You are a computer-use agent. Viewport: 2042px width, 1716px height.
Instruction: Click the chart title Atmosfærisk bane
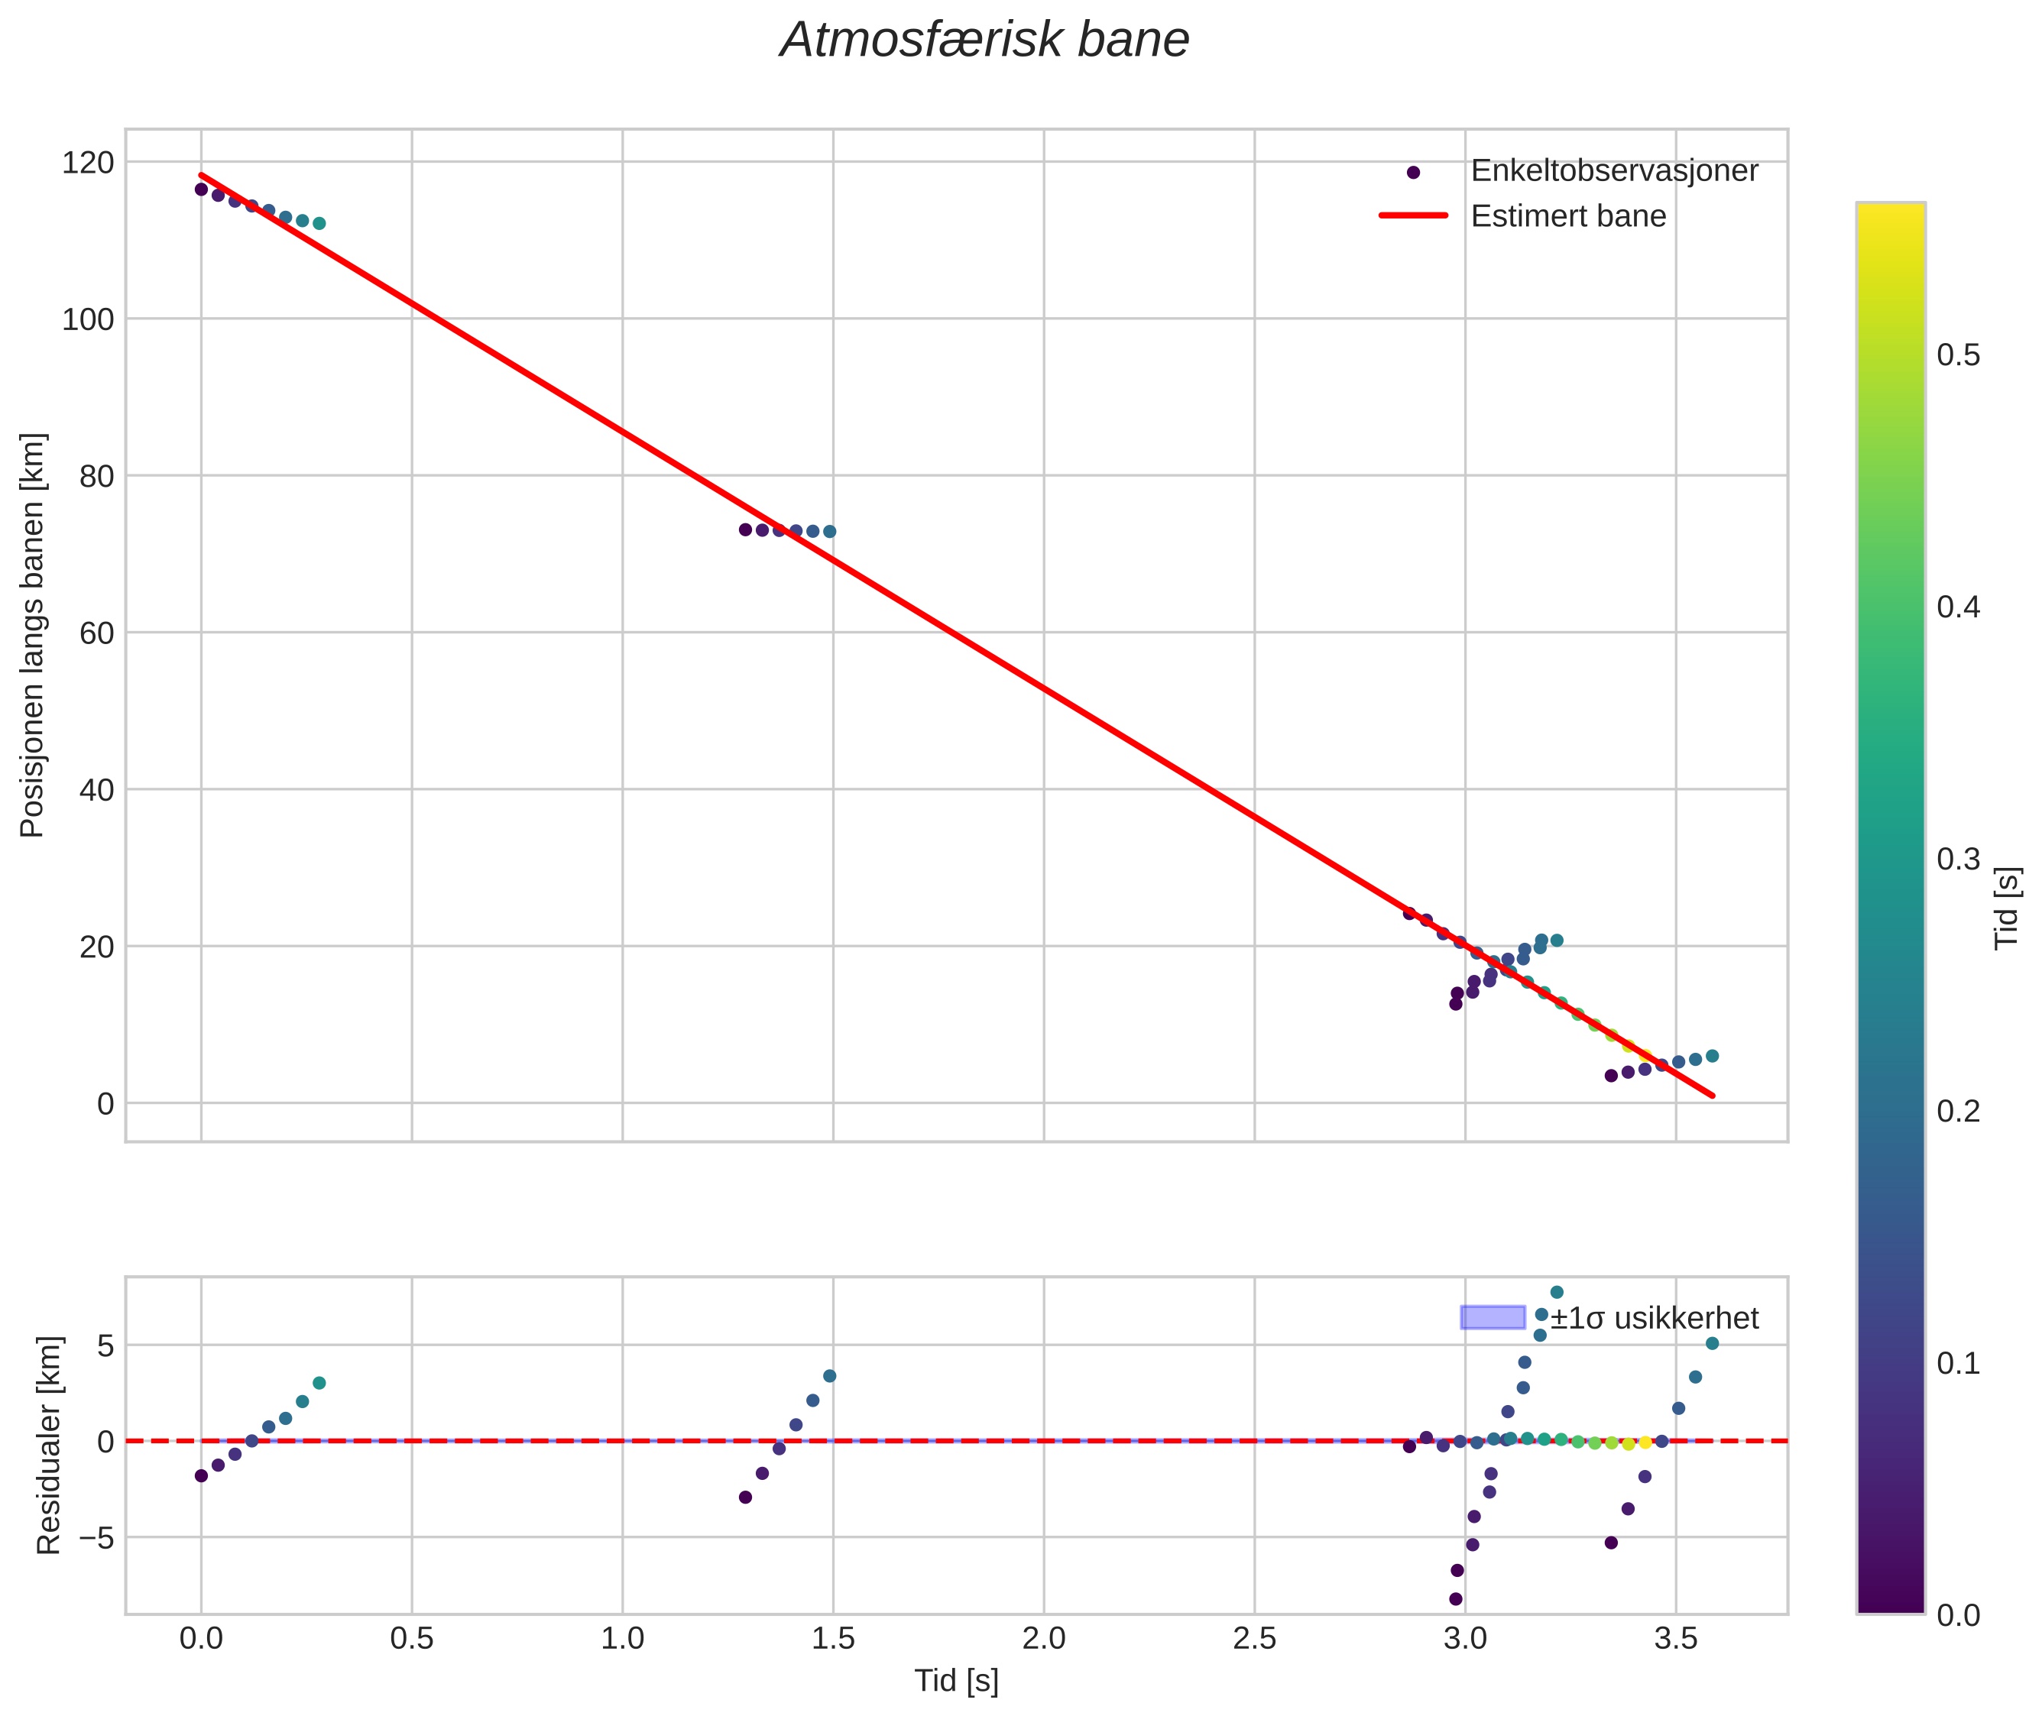[x=984, y=40]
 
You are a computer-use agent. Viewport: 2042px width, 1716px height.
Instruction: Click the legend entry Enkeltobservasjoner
[x=1613, y=171]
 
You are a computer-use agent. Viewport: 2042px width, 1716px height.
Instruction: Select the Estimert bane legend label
[x=1567, y=216]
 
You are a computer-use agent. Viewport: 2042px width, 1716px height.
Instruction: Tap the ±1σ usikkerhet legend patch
[x=1491, y=1317]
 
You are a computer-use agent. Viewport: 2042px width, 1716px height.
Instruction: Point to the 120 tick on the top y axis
[x=88, y=163]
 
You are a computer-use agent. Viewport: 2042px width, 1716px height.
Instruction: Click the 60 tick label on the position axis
[x=96, y=633]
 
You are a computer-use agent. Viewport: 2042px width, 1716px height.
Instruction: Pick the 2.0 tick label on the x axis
[x=1043, y=1638]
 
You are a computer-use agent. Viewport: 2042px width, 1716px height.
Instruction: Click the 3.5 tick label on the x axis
[x=1675, y=1638]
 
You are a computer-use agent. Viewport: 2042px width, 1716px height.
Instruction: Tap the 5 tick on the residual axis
[x=105, y=1346]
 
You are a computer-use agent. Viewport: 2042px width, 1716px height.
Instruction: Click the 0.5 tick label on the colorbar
[x=1957, y=355]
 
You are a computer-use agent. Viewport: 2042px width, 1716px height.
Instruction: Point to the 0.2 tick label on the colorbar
[x=1957, y=1111]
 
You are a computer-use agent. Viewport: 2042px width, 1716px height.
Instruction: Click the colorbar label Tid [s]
[x=2006, y=907]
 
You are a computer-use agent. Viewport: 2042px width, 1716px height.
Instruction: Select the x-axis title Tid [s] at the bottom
[x=955, y=1681]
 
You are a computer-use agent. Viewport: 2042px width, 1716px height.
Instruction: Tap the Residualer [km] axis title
[x=49, y=1445]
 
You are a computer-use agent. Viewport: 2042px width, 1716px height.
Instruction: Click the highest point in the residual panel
[x=1557, y=1292]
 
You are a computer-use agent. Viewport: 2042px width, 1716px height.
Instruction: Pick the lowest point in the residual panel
[x=1455, y=1598]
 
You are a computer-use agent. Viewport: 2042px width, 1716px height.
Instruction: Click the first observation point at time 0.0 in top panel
[x=202, y=189]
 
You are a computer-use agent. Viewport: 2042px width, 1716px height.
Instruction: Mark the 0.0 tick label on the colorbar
[x=1957, y=1615]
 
